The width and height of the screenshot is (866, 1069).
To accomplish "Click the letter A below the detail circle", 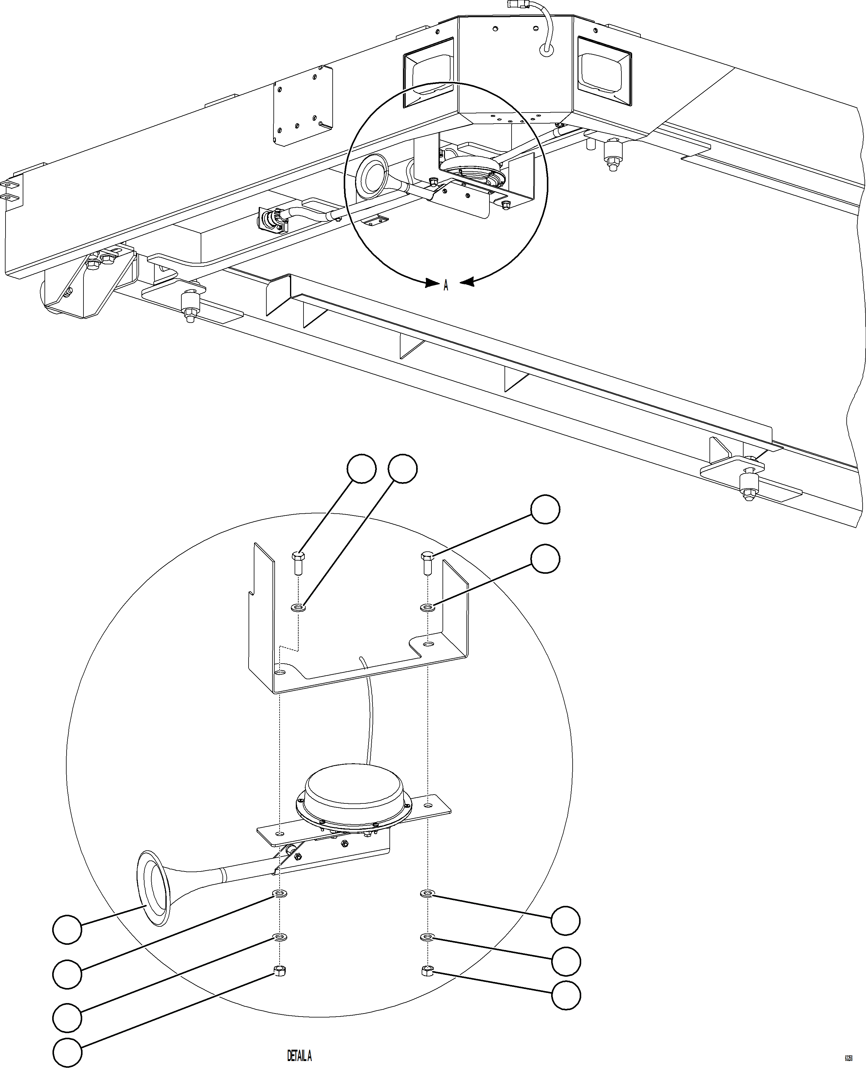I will (446, 285).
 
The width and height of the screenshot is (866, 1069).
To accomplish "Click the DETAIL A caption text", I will (299, 1056).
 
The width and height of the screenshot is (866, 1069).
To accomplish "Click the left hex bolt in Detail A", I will (297, 563).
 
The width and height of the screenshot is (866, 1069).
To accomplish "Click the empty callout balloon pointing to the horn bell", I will (67, 929).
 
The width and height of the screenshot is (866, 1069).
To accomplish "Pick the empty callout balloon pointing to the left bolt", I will (361, 469).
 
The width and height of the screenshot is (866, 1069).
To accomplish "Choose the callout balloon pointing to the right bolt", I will (545, 509).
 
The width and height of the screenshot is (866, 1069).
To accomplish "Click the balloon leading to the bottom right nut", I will (566, 995).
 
